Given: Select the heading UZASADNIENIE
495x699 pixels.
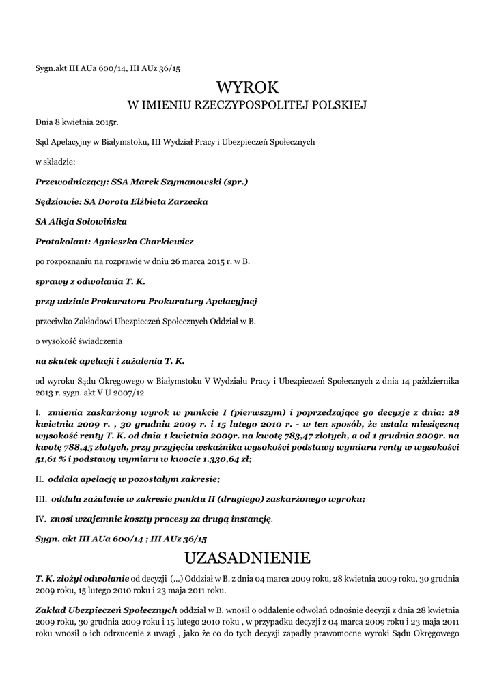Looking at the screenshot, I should point(247,558).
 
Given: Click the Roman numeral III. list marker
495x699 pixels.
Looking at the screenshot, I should point(42,499).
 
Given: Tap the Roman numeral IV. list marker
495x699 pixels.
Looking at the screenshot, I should point(42,519).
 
